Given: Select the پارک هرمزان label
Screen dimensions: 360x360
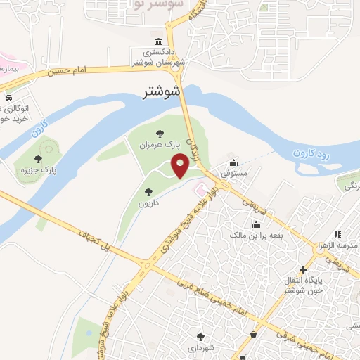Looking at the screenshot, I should point(163,143).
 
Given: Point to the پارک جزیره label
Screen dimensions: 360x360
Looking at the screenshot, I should point(39,169).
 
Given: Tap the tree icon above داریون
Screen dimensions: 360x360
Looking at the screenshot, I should point(148,191).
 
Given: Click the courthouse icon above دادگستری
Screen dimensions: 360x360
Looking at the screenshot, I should point(159,41).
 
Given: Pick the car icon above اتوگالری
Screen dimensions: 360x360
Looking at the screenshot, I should point(8,98).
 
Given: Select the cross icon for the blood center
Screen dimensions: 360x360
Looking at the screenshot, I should point(303,269).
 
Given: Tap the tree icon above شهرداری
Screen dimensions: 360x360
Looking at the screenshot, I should point(201,336).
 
